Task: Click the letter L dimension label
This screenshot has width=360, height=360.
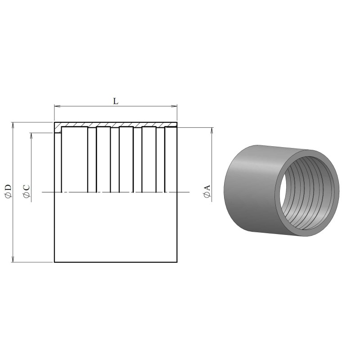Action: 116,102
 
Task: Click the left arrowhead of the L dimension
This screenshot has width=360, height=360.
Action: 57,107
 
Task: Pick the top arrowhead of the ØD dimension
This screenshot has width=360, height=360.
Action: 13,124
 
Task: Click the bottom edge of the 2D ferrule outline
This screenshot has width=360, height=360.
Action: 116,261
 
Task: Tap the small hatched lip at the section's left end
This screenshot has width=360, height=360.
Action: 58,130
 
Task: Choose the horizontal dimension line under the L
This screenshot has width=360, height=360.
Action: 90,107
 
